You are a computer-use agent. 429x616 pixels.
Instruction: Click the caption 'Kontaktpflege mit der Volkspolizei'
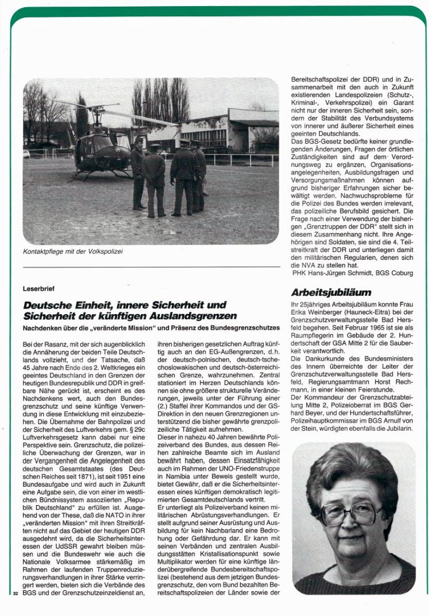pyautogui.click(x=73, y=251)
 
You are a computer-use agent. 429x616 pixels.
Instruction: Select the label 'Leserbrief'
pyautogui.click(x=39, y=290)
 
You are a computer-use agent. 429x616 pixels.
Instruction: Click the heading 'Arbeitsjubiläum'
pyautogui.click(x=331, y=292)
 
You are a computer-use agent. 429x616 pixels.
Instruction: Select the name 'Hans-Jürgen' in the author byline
pyautogui.click(x=333, y=273)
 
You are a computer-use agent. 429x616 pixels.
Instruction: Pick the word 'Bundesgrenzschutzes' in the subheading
pyautogui.click(x=246, y=327)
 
